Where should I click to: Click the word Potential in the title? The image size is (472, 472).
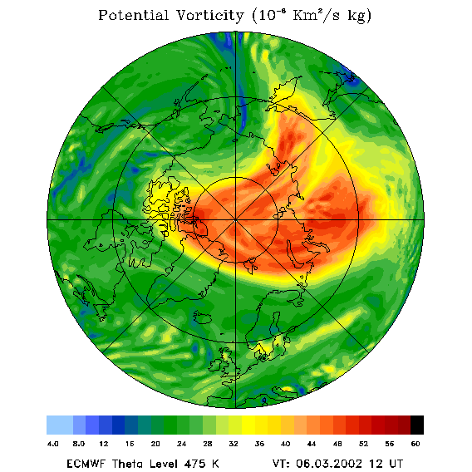click(133, 15)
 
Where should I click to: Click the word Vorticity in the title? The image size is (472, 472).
click(209, 15)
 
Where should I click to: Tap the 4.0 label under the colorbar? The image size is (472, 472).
click(52, 444)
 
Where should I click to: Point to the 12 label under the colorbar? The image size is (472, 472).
click(104, 444)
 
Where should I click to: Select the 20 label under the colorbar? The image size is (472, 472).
click(155, 444)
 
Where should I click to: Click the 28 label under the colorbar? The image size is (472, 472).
click(208, 444)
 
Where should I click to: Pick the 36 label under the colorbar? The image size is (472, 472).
click(259, 444)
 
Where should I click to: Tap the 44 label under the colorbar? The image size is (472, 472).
click(312, 444)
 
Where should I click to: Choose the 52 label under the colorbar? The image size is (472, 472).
click(363, 444)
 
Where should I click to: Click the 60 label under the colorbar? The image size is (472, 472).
click(415, 444)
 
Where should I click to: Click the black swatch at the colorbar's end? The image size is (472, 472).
click(417, 425)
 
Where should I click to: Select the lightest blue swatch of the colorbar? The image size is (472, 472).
click(60, 425)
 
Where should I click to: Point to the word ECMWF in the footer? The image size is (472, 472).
click(86, 464)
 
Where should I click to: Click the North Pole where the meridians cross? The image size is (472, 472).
click(235, 220)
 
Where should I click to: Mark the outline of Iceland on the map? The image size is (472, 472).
click(202, 317)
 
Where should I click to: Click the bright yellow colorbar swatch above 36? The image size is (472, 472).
click(248, 425)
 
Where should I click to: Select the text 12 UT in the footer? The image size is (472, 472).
click(386, 464)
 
